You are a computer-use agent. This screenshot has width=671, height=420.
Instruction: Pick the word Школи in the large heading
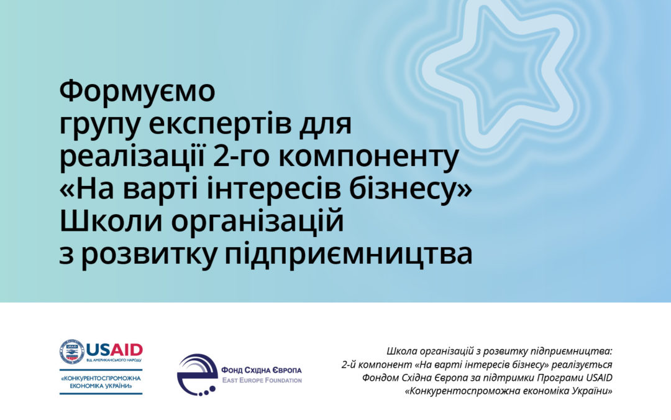pyautogui.click(x=111, y=222)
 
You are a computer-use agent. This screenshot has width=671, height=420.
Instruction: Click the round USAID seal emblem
pyautogui.click(x=72, y=352)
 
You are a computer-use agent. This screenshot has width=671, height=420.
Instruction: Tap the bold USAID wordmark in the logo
pyautogui.click(x=115, y=350)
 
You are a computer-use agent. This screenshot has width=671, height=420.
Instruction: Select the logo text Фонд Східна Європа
pyautogui.click(x=262, y=370)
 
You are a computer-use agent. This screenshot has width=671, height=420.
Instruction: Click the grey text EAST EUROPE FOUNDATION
pyautogui.click(x=262, y=380)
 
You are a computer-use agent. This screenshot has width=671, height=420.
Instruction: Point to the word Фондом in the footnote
pyautogui.click(x=378, y=378)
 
